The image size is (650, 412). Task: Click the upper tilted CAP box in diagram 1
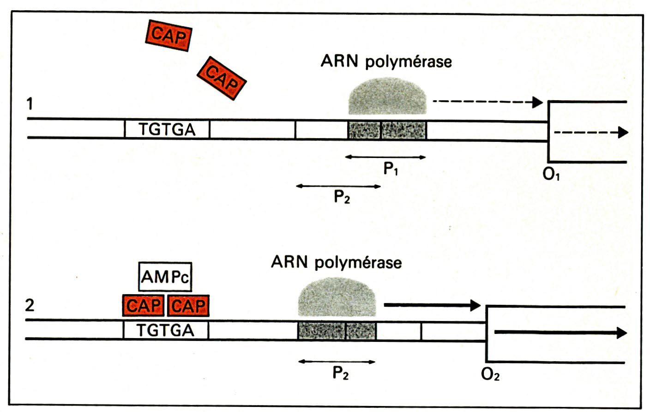coord(169,36)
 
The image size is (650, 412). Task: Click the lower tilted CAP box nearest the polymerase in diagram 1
coord(222,78)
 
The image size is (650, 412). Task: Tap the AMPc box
coord(165,277)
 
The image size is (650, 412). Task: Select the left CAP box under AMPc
coord(144,305)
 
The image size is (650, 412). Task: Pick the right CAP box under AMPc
coord(188,305)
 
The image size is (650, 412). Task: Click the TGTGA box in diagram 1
coord(167,129)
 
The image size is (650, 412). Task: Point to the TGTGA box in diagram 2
coord(165,330)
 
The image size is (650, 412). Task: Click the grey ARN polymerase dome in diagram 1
coord(387,96)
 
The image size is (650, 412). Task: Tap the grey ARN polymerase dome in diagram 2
coord(337,297)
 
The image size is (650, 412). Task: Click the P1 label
coord(391,169)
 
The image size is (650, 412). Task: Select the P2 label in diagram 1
coord(342,197)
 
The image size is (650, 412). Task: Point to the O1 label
coord(551,175)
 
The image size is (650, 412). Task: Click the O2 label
coord(490,375)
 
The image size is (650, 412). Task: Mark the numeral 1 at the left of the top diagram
coord(30,103)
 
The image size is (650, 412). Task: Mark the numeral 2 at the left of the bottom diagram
coord(30,305)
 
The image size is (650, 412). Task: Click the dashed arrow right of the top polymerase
coord(488,102)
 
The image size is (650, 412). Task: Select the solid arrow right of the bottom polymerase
coord(433,305)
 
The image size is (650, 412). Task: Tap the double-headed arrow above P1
coord(385,158)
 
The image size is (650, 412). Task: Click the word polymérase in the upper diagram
coord(409,62)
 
